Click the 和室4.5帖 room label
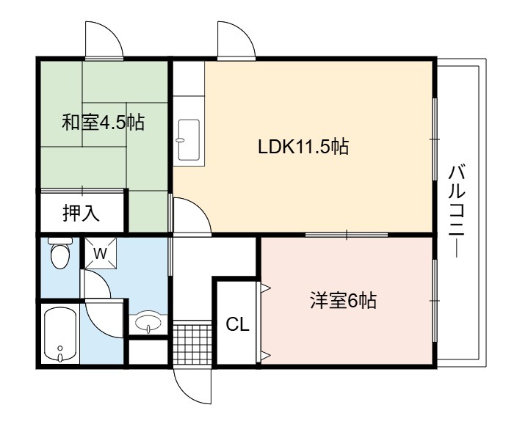(104, 123)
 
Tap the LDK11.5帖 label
(303, 147)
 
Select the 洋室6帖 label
(343, 301)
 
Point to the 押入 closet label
(81, 213)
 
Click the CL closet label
(237, 325)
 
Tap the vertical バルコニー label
(457, 211)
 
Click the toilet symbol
(60, 252)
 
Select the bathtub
(60, 334)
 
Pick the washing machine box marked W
(101, 253)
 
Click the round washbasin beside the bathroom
(148, 322)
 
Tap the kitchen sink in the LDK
(189, 140)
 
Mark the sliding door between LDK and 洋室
(347, 235)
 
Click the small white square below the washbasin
(148, 352)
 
